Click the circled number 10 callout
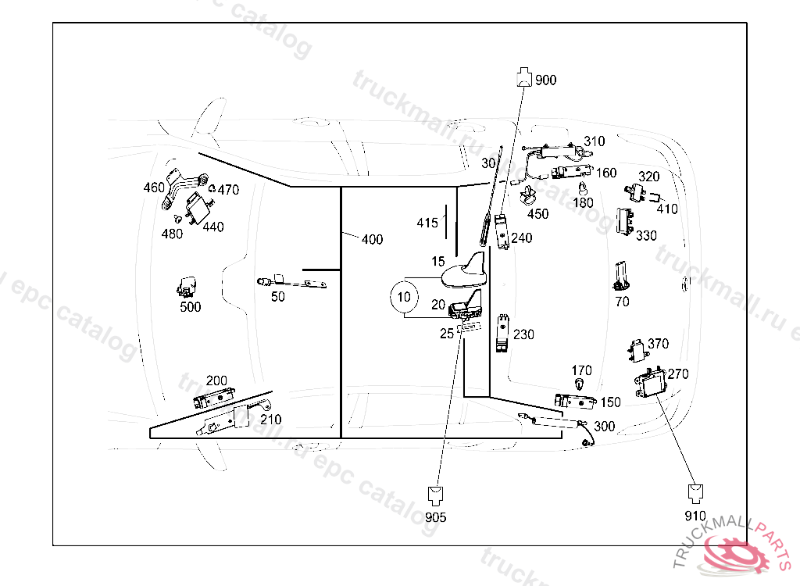[404, 297]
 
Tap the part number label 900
[546, 80]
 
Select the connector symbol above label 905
[436, 495]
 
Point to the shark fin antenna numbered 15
[466, 271]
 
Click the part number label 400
[372, 239]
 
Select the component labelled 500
[187, 287]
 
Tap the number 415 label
[427, 223]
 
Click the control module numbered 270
[650, 384]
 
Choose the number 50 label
[278, 296]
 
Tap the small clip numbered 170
[579, 384]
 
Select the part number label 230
[523, 334]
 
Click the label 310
[594, 141]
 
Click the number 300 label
[604, 427]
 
